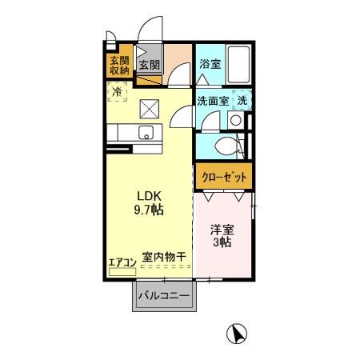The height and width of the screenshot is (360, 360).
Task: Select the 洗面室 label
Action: click(x=213, y=101)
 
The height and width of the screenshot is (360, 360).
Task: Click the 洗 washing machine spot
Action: click(x=242, y=101)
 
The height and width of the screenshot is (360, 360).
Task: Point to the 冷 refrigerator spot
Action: click(x=118, y=93)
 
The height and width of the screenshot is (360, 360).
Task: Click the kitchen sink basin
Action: click(x=146, y=133)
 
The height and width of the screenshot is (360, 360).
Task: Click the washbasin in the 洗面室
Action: click(x=236, y=120)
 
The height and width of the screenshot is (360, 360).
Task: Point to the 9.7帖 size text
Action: click(x=149, y=210)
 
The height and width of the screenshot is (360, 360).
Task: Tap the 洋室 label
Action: click(x=222, y=229)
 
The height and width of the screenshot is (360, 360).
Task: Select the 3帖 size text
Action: click(x=222, y=243)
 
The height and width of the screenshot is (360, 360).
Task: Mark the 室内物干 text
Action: click(x=165, y=258)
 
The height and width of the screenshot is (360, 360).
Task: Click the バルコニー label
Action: click(x=164, y=296)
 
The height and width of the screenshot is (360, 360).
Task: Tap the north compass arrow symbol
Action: click(x=236, y=332)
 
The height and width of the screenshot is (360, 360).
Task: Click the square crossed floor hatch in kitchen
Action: click(x=149, y=108)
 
